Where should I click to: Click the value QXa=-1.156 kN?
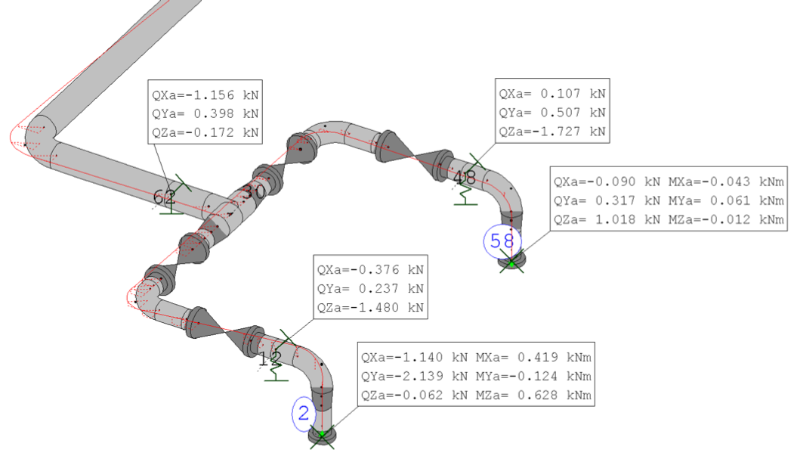205,95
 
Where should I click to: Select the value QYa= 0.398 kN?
205,113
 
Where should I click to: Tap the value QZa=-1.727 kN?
552,132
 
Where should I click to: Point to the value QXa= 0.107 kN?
552,94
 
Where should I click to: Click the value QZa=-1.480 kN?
370,308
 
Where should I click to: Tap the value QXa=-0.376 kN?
370,270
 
